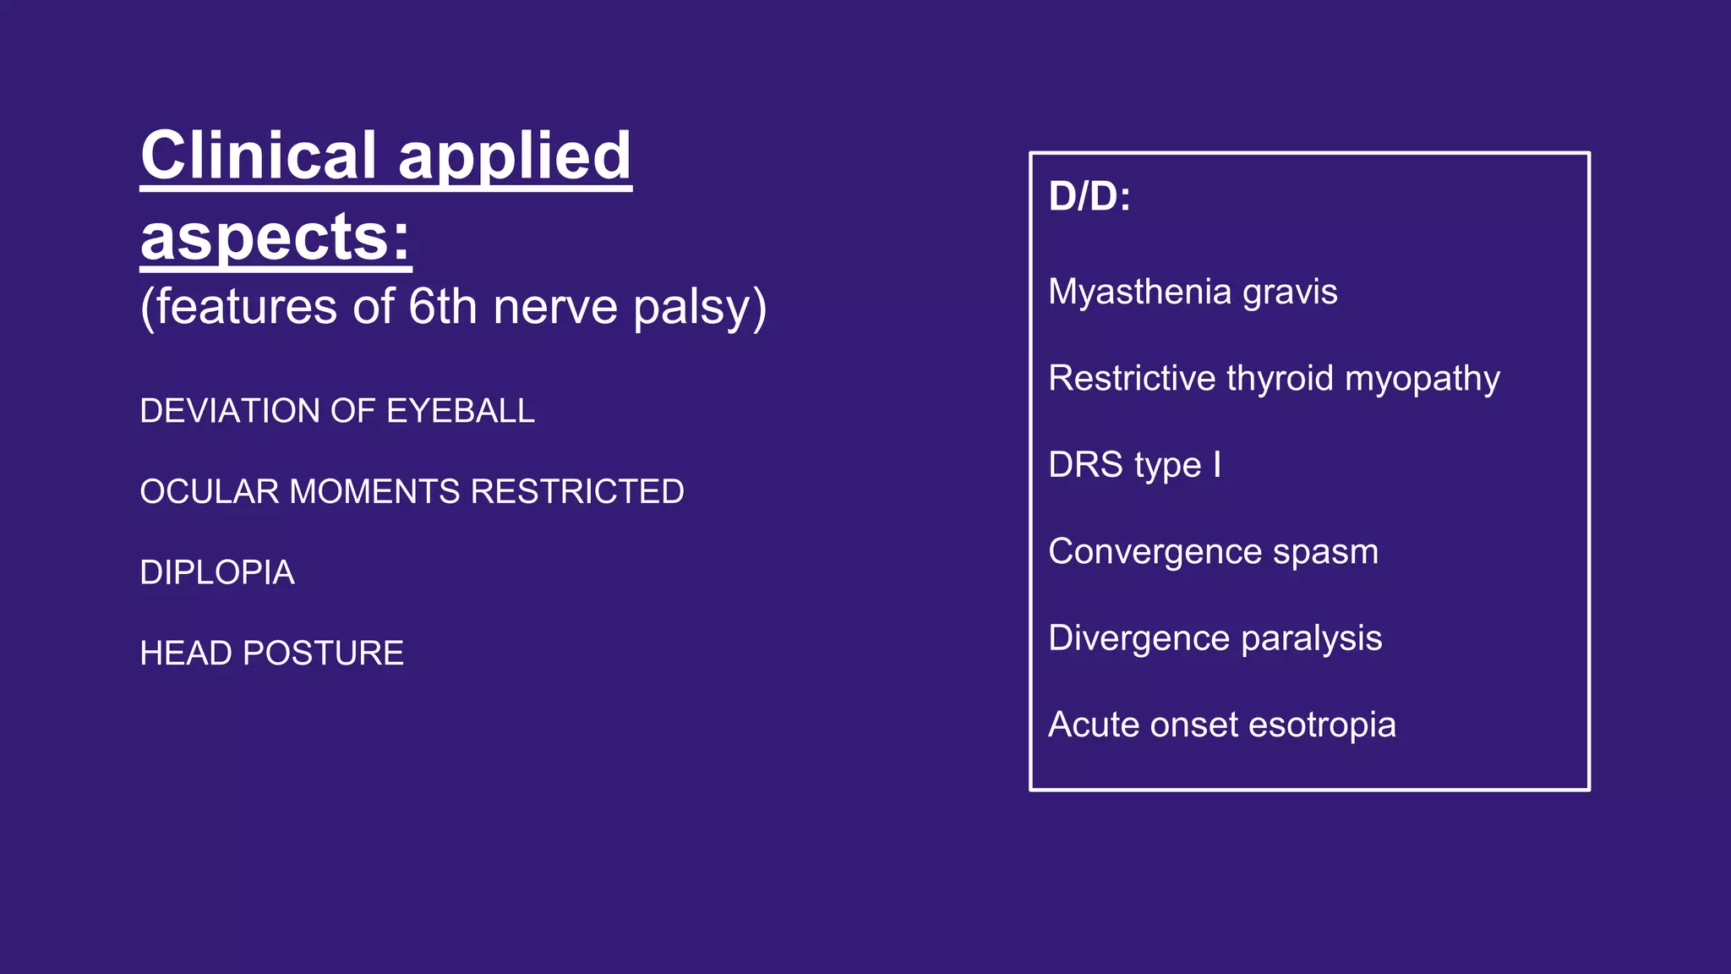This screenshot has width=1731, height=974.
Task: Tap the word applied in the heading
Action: click(x=515, y=157)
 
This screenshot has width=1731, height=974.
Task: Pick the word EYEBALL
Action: click(x=460, y=411)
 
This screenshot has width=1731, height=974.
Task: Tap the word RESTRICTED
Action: click(x=577, y=492)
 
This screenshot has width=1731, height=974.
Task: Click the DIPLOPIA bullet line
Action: click(x=217, y=573)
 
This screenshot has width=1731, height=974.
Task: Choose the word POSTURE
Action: click(x=324, y=654)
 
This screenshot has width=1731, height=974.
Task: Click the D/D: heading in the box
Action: click(x=1089, y=196)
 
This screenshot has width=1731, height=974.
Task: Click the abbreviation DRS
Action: click(x=1085, y=465)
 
